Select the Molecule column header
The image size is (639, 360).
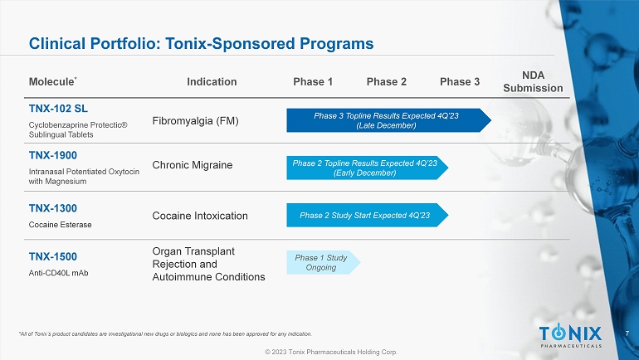(52, 82)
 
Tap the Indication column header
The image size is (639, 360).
(212, 81)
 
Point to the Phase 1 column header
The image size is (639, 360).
(313, 81)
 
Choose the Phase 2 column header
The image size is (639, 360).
(387, 81)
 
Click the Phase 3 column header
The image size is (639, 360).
(460, 81)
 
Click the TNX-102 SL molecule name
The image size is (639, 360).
(58, 108)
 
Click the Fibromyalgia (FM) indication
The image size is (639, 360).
(196, 121)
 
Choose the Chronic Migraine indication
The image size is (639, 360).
(193, 165)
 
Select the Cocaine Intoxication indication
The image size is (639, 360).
(200, 216)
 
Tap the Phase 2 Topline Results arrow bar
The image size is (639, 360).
(366, 167)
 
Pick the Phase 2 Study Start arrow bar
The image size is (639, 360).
(366, 216)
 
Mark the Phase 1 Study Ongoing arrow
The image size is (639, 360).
(323, 262)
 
